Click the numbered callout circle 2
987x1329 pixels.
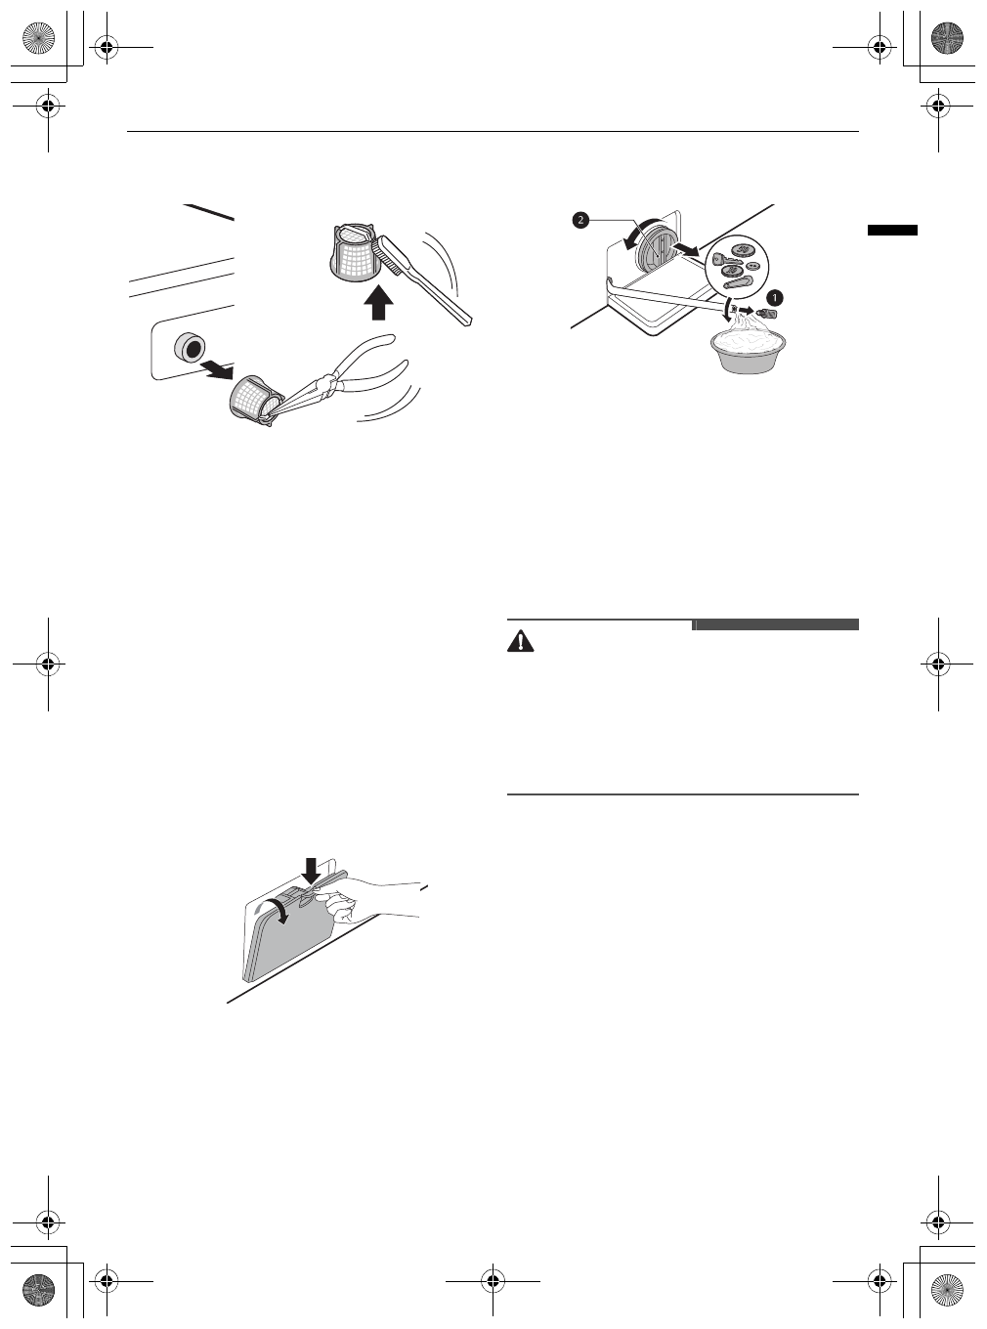coord(580,221)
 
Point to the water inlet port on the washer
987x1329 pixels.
coord(186,349)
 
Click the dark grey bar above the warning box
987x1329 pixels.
coord(776,624)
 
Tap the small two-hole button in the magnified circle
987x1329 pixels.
coord(752,266)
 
